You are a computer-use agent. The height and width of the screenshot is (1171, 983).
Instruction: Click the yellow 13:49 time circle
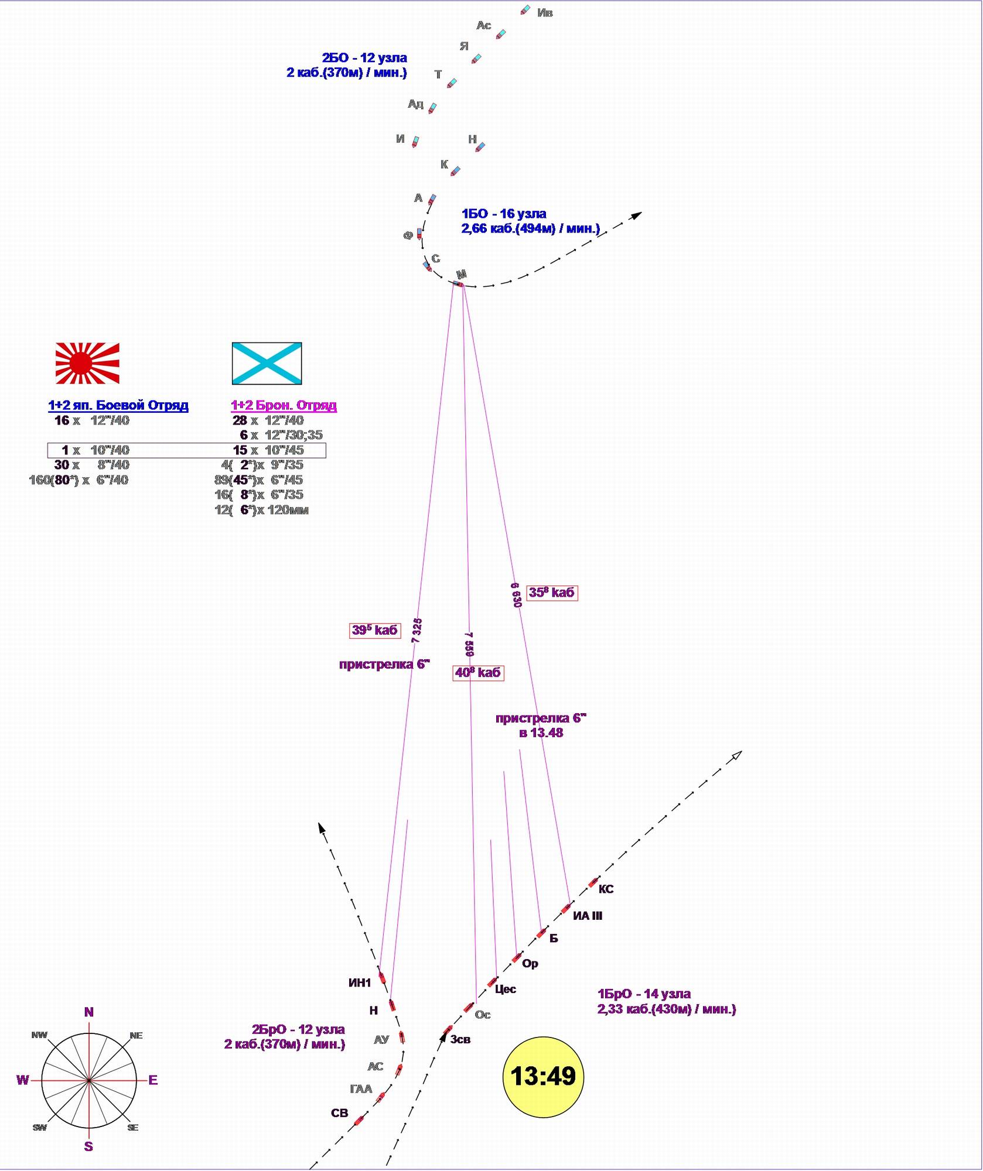543,1076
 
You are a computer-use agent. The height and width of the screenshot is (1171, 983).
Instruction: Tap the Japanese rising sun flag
87,363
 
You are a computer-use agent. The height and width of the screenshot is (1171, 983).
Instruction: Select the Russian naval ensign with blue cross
267,363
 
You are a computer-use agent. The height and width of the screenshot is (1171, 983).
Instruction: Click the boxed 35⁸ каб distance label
551,593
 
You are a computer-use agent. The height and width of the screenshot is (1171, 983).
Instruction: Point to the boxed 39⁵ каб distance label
375,630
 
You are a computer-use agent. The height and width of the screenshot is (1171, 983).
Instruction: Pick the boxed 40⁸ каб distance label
478,673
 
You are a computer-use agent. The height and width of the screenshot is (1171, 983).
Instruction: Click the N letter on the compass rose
89,1012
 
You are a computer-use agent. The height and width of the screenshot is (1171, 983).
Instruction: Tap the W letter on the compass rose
22,1080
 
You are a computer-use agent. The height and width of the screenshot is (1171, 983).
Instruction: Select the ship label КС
606,889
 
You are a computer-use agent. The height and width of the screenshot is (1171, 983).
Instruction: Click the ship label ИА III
587,916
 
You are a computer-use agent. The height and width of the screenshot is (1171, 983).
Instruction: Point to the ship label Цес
505,989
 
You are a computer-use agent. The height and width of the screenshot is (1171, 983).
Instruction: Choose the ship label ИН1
360,983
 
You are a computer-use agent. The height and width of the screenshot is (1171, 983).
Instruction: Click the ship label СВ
339,1113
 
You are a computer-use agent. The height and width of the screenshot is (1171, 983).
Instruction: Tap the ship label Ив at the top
545,13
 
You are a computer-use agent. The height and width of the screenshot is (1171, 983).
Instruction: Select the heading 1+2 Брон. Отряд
284,405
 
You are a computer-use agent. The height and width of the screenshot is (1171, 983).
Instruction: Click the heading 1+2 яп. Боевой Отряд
118,405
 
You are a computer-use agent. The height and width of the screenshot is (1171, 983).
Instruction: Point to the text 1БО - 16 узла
504,214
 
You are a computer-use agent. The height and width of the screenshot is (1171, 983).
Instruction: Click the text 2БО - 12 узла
364,57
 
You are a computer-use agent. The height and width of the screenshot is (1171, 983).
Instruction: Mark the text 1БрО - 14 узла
644,994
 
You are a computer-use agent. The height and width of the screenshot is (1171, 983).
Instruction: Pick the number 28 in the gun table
240,420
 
